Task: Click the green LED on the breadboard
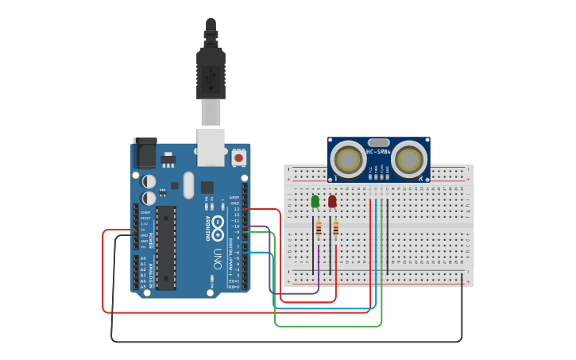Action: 315,201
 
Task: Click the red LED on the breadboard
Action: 332,202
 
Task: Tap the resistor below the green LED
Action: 319,230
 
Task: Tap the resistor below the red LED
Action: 335,230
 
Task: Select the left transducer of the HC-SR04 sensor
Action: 349,159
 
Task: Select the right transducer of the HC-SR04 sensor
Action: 408,159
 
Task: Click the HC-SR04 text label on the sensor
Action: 378,152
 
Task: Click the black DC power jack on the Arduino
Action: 145,153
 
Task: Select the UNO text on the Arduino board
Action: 217,259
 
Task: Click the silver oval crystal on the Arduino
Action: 188,185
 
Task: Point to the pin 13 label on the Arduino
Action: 235,209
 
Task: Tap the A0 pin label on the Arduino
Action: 143,259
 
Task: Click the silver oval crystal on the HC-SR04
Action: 378,142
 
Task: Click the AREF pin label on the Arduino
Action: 234,197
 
